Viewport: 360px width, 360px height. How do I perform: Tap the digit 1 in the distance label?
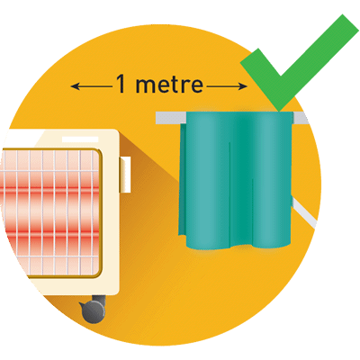[x=121, y=84]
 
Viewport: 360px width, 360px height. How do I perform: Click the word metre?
[x=169, y=85]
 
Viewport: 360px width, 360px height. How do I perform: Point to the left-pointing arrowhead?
[x=75, y=86]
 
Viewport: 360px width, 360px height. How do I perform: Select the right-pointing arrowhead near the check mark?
[x=243, y=86]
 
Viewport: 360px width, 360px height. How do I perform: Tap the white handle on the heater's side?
[x=125, y=175]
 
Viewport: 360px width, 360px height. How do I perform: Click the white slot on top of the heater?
[x=80, y=139]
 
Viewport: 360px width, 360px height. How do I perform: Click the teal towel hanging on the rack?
[x=236, y=180]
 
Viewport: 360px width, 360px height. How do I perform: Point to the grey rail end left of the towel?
[x=170, y=117]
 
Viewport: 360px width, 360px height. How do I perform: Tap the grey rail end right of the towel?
[x=300, y=117]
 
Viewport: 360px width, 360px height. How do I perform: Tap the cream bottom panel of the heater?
[x=78, y=285]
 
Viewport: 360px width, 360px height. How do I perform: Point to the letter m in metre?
[x=147, y=85]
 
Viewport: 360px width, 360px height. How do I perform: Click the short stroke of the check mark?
[x=260, y=78]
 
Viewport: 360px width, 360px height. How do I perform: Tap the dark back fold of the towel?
[x=183, y=180]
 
